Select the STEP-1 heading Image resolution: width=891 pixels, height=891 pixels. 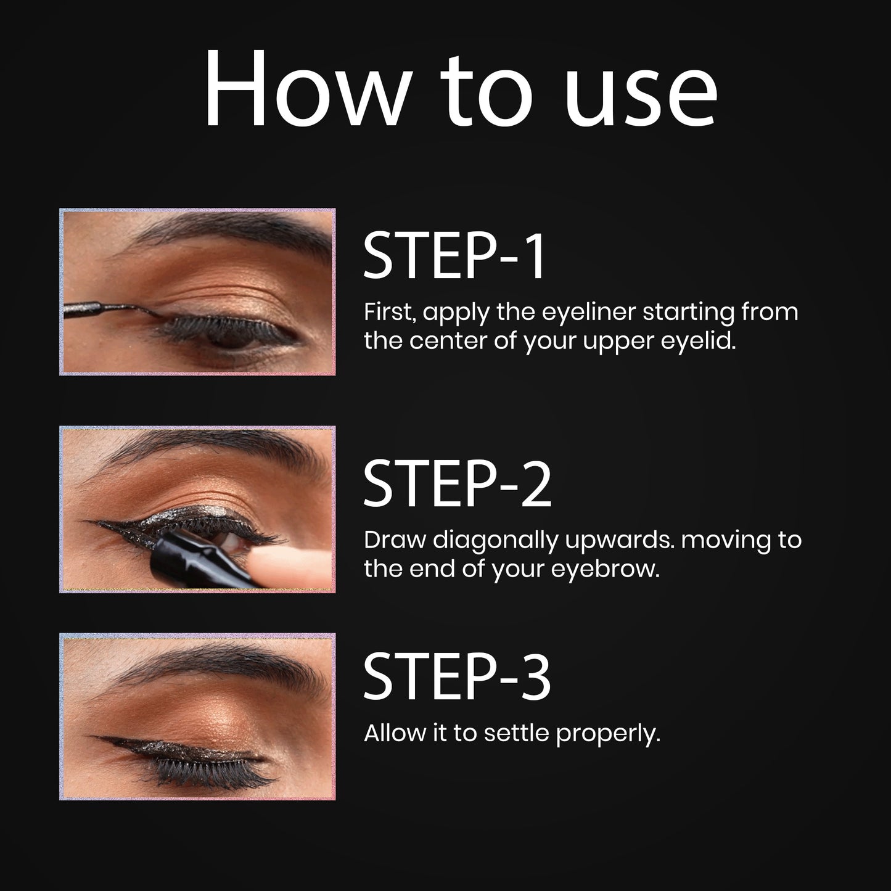pos(454,256)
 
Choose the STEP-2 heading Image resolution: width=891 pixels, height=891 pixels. pos(458,483)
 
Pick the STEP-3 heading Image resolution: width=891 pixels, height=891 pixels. pos(458,678)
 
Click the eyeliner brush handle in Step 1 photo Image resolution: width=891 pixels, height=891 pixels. pos(83,310)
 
